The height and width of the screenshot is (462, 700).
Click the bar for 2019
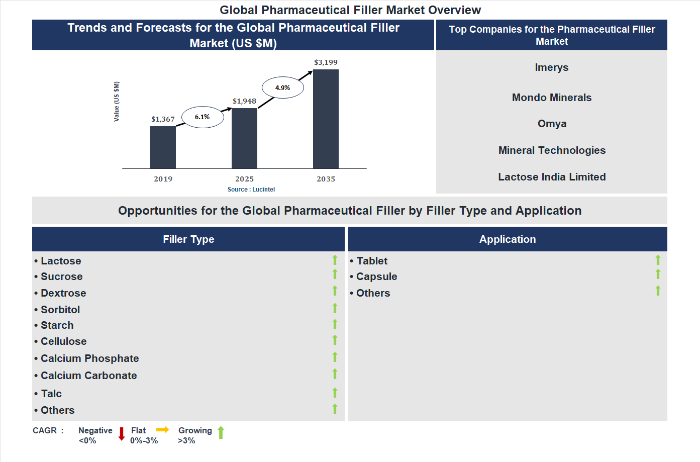tap(163, 147)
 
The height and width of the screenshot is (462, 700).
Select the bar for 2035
tap(326, 119)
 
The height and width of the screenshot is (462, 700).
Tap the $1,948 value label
tap(244, 101)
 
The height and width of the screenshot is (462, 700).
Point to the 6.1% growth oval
tap(203, 117)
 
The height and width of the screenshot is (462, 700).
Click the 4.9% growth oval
tap(283, 87)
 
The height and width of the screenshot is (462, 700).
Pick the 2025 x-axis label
tap(244, 179)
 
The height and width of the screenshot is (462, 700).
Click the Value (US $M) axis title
tap(117, 102)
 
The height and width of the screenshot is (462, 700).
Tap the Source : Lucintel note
tap(251, 190)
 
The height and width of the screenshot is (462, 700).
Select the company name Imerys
tap(552, 67)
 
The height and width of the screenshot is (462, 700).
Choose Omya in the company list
tap(552, 124)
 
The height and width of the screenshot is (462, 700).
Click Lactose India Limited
tap(552, 177)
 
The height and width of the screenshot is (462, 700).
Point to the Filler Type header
tap(188, 239)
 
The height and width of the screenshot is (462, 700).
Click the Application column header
tap(508, 239)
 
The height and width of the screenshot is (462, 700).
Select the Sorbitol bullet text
tap(60, 310)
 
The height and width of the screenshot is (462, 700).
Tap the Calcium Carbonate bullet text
tap(88, 376)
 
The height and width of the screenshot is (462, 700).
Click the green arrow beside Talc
tap(335, 393)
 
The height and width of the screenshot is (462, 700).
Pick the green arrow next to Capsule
tap(658, 274)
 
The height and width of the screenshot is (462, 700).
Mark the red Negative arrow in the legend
tap(121, 434)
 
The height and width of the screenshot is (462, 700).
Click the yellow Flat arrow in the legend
tap(162, 429)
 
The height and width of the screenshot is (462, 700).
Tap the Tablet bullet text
tap(372, 261)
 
